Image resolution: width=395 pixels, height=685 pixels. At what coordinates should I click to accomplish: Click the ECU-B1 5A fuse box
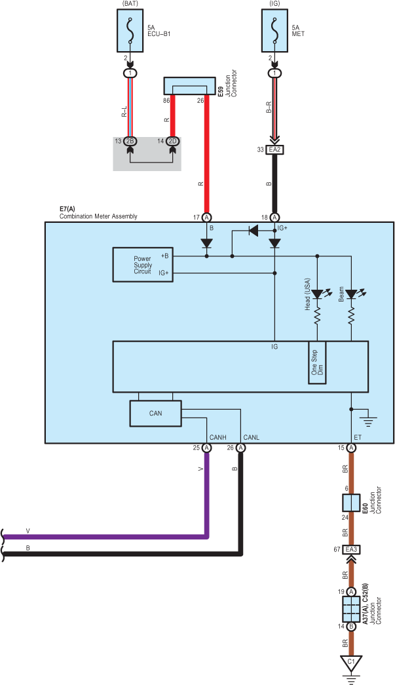(x=130, y=33)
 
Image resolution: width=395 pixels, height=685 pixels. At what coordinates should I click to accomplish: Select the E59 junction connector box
(x=189, y=87)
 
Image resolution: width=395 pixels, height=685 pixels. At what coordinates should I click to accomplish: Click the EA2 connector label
(x=274, y=149)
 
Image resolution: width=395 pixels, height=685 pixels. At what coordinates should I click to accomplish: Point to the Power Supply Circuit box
(x=142, y=264)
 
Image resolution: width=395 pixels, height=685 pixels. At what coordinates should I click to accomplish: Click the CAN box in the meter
(x=155, y=413)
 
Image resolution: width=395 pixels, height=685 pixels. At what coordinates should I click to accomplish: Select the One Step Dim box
(x=317, y=362)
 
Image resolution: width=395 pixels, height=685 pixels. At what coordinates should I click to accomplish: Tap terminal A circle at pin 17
(x=207, y=217)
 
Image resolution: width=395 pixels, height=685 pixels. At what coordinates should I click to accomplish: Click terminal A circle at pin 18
(x=274, y=217)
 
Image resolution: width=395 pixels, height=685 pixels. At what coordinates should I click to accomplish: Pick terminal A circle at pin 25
(x=207, y=448)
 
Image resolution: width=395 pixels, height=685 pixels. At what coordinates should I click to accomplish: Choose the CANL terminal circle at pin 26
(x=241, y=448)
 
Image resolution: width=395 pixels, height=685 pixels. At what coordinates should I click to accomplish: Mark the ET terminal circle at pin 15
(x=351, y=448)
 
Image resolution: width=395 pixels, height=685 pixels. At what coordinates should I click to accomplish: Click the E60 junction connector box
(x=351, y=503)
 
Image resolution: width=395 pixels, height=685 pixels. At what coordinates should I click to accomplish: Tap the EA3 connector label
(x=351, y=549)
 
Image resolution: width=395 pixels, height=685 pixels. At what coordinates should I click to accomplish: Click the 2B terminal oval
(x=130, y=141)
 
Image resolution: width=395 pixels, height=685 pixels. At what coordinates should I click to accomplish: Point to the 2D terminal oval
(x=173, y=141)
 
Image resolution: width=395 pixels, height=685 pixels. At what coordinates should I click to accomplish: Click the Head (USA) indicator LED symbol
(x=317, y=294)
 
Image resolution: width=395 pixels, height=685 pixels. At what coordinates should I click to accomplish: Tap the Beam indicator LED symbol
(x=351, y=294)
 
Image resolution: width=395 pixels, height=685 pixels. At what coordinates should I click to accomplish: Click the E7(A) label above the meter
(x=67, y=209)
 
